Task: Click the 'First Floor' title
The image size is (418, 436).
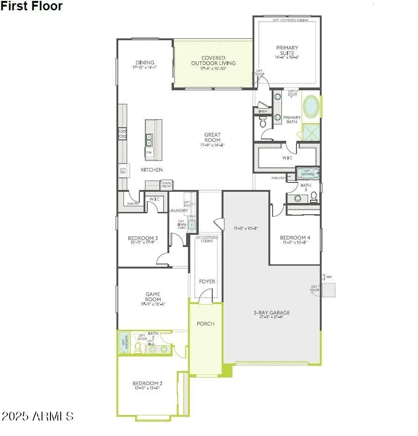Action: tap(31, 6)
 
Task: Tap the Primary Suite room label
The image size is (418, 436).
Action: tap(287, 51)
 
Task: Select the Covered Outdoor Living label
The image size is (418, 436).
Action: tap(213, 61)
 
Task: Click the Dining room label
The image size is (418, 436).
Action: tap(145, 63)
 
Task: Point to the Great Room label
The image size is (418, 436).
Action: tap(212, 138)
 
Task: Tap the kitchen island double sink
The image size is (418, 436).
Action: tap(149, 140)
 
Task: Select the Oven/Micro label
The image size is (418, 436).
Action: tap(166, 185)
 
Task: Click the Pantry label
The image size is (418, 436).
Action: tap(133, 203)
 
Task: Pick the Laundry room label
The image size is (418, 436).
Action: tap(178, 211)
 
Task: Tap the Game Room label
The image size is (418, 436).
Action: tap(152, 297)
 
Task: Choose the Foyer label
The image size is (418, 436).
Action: tap(207, 282)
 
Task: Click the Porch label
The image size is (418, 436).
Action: tap(205, 324)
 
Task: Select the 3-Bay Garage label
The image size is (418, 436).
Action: tap(272, 313)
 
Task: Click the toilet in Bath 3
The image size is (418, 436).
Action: tap(314, 196)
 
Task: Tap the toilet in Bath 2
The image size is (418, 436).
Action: tap(137, 347)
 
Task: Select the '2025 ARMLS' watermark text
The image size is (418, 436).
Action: tap(37, 416)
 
